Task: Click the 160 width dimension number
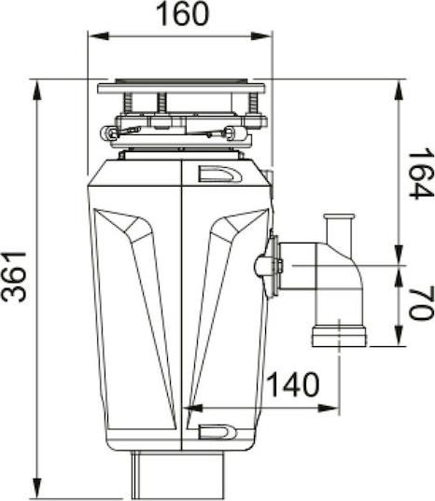point(183,14)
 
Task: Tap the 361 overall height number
point(14,277)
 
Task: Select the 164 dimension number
point(421,174)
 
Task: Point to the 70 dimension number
point(421,303)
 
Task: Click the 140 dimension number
point(293,384)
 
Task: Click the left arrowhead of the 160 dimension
point(98,35)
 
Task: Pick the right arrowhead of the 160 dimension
point(261,35)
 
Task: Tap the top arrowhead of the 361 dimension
point(37,90)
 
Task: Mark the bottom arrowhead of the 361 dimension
point(37,488)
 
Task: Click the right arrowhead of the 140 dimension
point(329,408)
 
